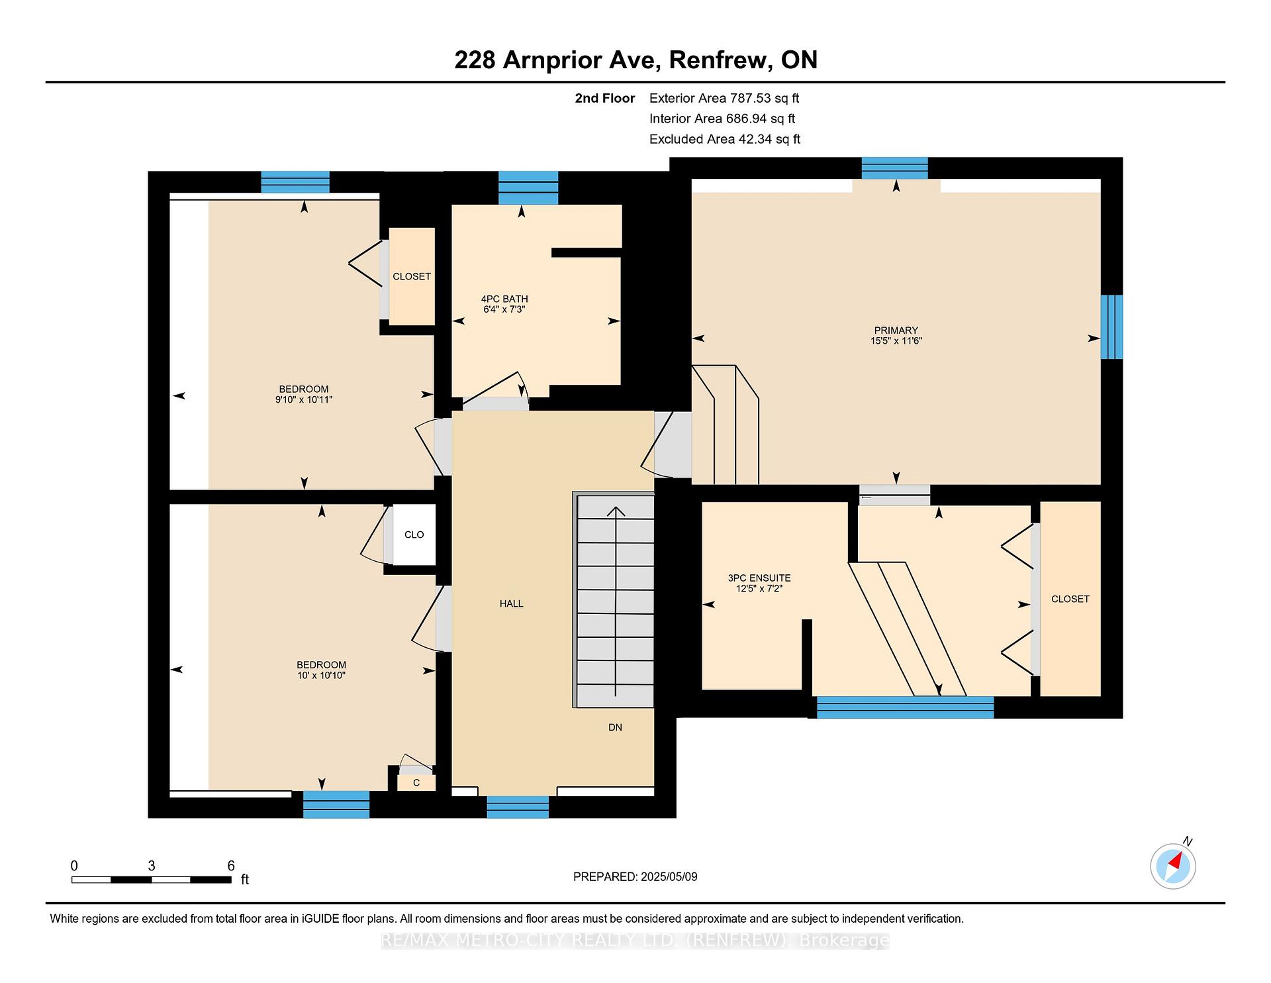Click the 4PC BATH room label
(x=504, y=299)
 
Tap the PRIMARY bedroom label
(x=896, y=331)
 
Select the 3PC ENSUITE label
(x=759, y=578)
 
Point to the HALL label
(x=511, y=603)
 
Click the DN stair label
(x=615, y=727)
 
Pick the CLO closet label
(x=414, y=535)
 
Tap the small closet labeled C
(x=416, y=783)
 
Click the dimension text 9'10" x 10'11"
(x=304, y=400)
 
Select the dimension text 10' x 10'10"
(x=321, y=676)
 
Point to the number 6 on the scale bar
(x=231, y=866)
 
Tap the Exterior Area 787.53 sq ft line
(x=724, y=98)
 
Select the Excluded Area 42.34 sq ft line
(x=725, y=139)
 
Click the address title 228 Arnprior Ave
(x=555, y=60)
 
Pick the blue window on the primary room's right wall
(x=1111, y=327)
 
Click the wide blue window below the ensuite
(x=905, y=707)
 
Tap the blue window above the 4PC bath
(x=528, y=187)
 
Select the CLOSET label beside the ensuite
(x=1070, y=599)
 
